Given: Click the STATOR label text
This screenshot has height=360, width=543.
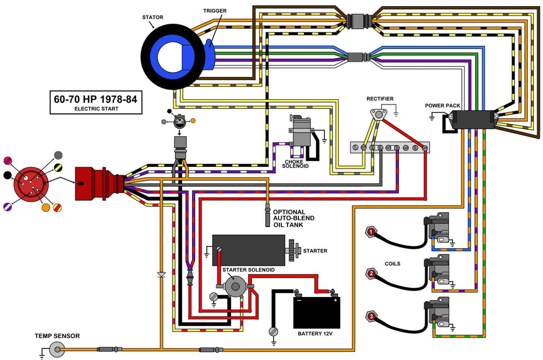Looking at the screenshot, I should [153, 17].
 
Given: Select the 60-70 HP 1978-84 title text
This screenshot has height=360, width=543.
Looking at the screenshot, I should [96, 99].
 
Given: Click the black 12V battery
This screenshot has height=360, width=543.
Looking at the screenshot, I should [317, 312].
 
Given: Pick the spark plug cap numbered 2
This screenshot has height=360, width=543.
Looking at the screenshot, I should [372, 274].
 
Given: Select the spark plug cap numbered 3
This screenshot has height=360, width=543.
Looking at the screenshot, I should [372, 317].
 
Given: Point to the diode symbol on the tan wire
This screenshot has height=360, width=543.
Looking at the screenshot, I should [161, 275].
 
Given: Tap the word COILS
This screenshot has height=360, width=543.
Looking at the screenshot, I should [392, 264].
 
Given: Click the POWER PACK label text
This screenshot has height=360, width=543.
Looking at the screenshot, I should [442, 106].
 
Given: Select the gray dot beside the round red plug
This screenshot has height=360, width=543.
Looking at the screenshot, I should [58, 155].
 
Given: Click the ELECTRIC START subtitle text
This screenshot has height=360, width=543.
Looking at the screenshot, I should [96, 109].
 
